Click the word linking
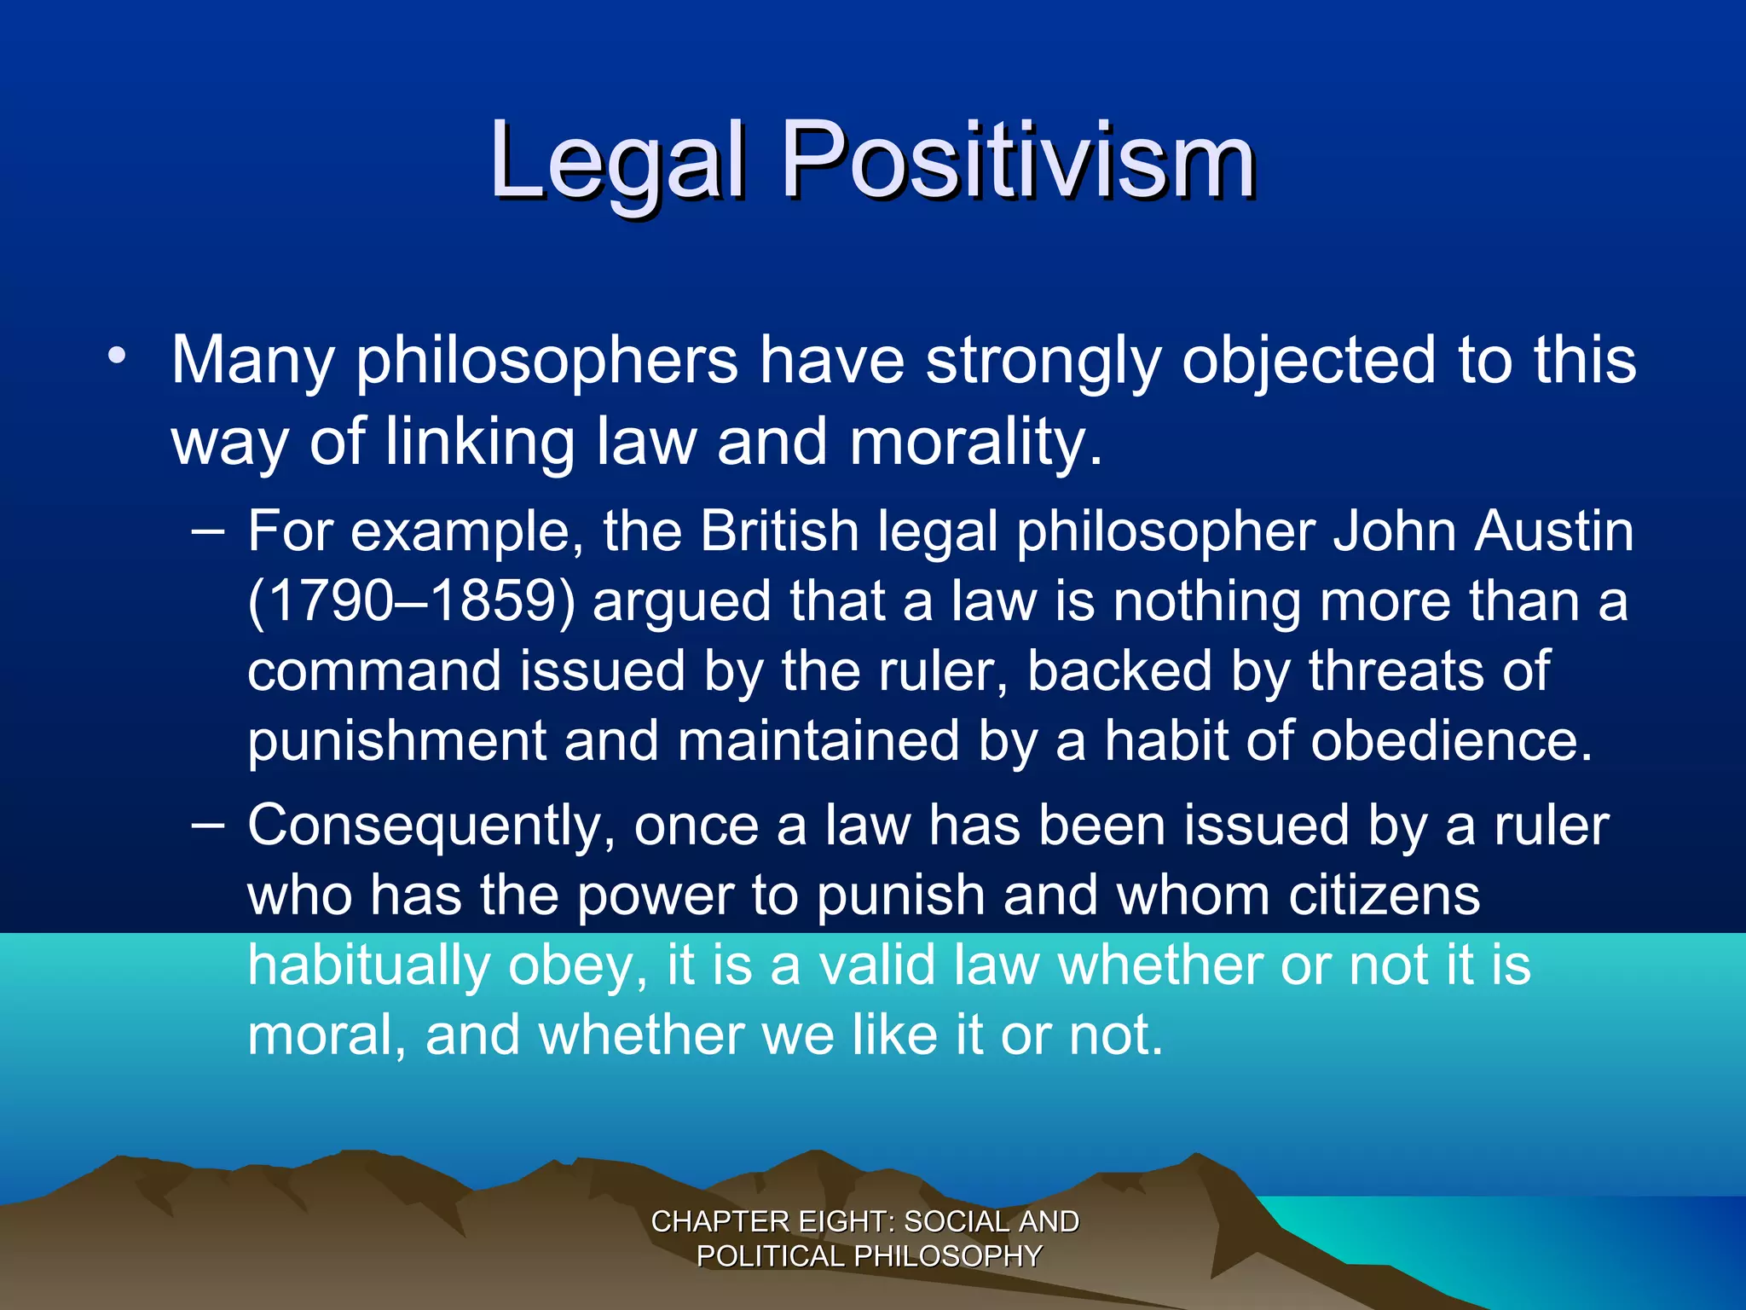click(x=480, y=442)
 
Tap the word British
click(x=779, y=531)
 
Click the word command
click(x=374, y=671)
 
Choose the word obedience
click(x=1451, y=741)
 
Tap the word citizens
click(x=1384, y=896)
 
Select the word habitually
click(x=368, y=966)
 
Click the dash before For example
click(x=208, y=531)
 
